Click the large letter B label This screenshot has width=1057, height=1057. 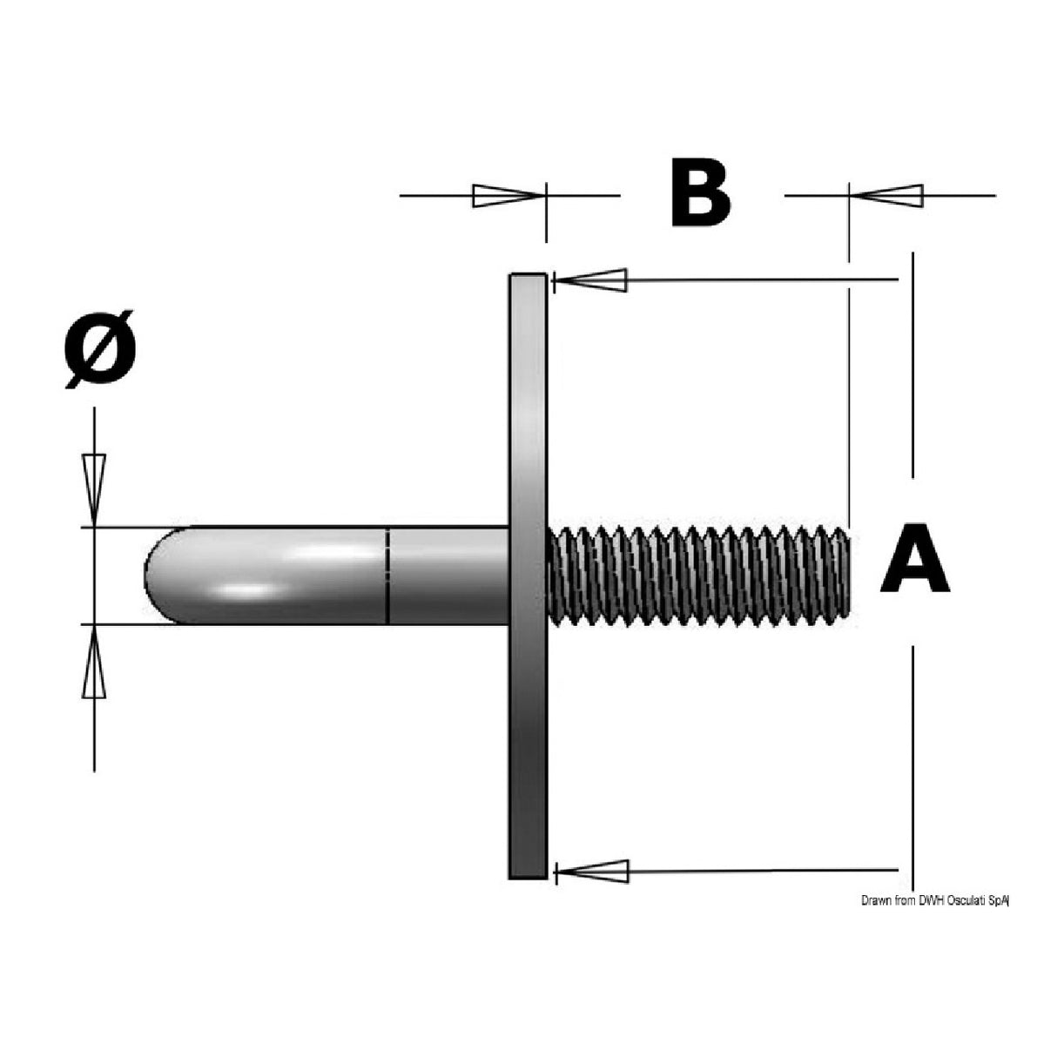click(701, 193)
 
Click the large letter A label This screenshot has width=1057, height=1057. click(913, 558)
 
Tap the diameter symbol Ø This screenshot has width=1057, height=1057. click(99, 348)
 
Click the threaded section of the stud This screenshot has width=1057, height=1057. click(697, 575)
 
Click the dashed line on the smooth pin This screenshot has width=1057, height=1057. click(387, 576)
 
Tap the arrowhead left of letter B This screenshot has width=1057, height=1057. click(506, 196)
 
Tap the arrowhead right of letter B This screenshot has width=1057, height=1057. click(889, 196)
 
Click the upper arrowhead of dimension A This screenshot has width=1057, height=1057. click(593, 280)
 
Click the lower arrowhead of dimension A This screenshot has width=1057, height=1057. click(593, 871)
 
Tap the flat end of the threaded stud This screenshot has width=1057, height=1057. click(846, 575)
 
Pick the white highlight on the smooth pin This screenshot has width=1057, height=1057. click(331, 552)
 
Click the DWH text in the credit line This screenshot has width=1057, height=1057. click(926, 901)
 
